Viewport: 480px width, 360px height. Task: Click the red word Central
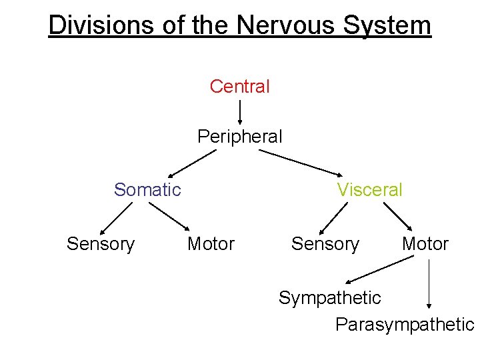pyautogui.click(x=239, y=87)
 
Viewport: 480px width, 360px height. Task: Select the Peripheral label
pyautogui.click(x=239, y=137)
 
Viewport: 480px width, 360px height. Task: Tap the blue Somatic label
pyautogui.click(x=147, y=190)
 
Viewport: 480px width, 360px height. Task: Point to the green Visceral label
pyautogui.click(x=369, y=190)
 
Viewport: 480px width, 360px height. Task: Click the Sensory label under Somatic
pyautogui.click(x=101, y=244)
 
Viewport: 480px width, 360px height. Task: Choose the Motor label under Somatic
pyautogui.click(x=211, y=244)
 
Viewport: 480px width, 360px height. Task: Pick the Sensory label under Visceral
pyautogui.click(x=325, y=244)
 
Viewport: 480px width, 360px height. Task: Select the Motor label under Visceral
pyautogui.click(x=425, y=244)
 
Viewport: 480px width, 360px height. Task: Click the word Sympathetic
pyautogui.click(x=329, y=297)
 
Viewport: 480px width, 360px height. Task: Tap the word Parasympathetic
pyautogui.click(x=404, y=325)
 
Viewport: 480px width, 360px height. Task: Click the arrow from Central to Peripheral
pyautogui.click(x=240, y=111)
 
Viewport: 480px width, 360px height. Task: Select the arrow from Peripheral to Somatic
pyautogui.click(x=192, y=163)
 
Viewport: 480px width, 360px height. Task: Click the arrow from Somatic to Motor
pyautogui.click(x=167, y=217)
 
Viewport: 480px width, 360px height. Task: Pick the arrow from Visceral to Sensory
pyautogui.click(x=334, y=217)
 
